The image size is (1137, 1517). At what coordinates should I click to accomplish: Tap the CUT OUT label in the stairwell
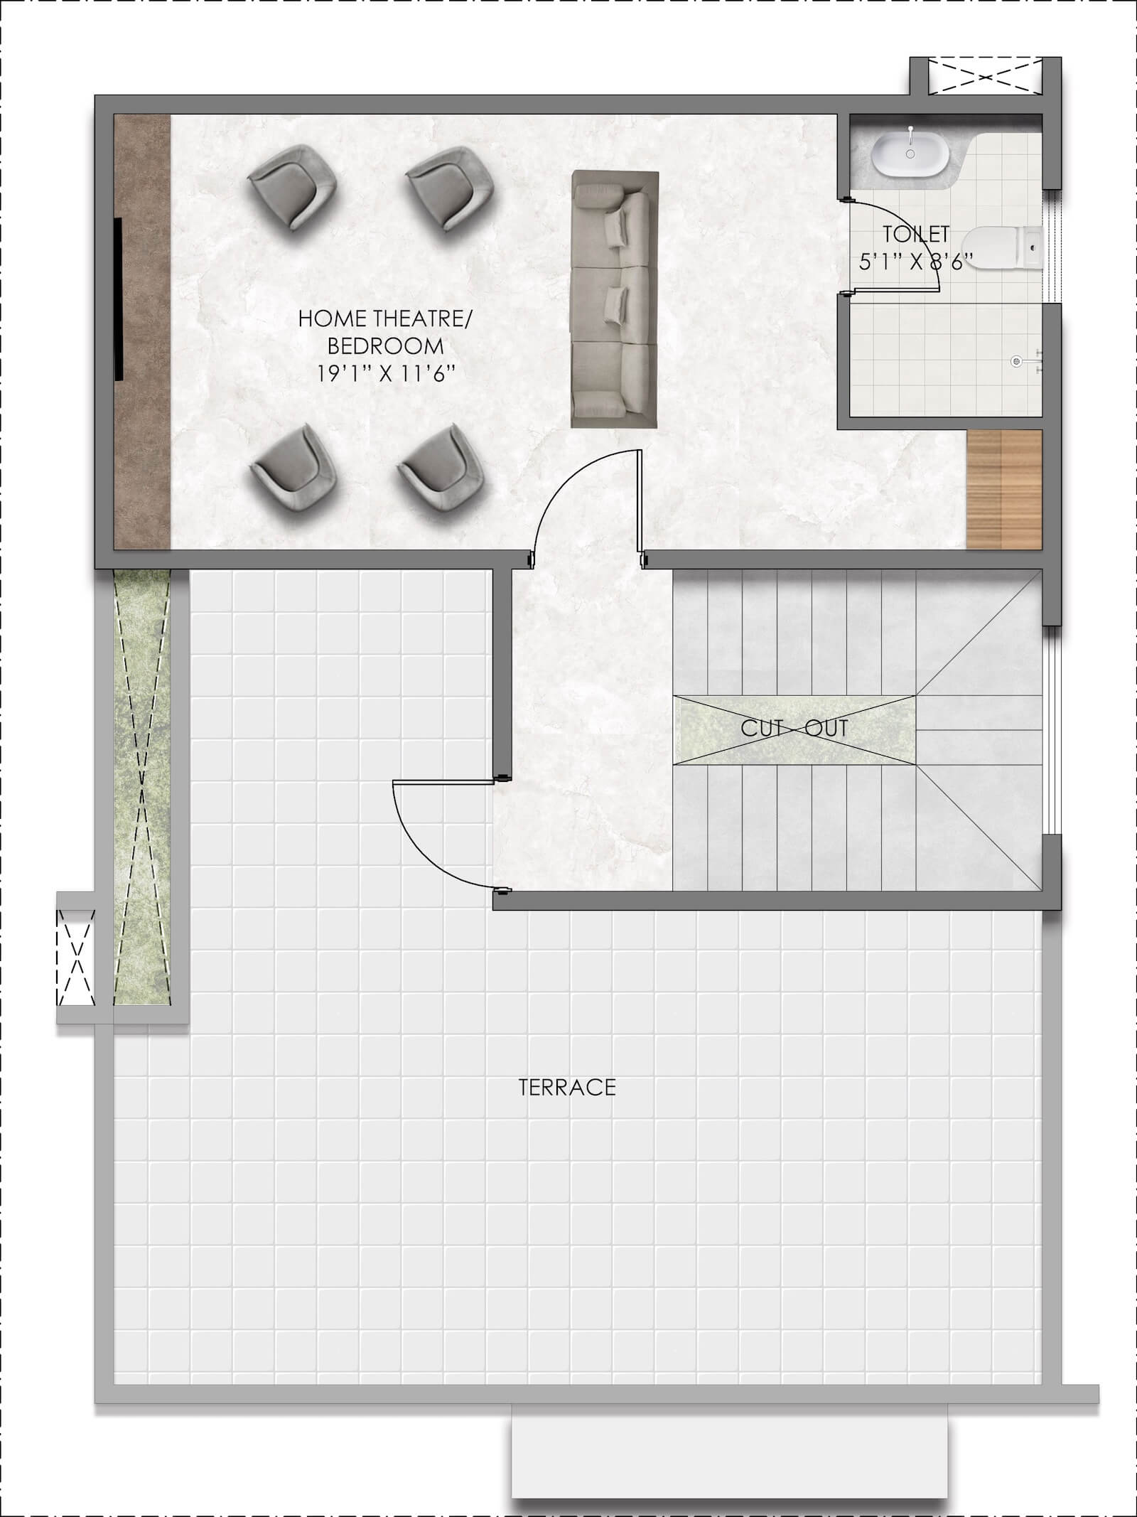[x=794, y=728]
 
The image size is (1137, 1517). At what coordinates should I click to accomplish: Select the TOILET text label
[x=916, y=233]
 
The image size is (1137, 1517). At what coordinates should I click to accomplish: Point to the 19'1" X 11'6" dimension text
[x=384, y=373]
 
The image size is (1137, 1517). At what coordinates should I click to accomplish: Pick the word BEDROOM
[x=385, y=346]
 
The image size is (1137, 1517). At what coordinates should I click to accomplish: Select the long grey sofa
[x=614, y=299]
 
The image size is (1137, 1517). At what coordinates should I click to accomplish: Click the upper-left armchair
[x=292, y=187]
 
